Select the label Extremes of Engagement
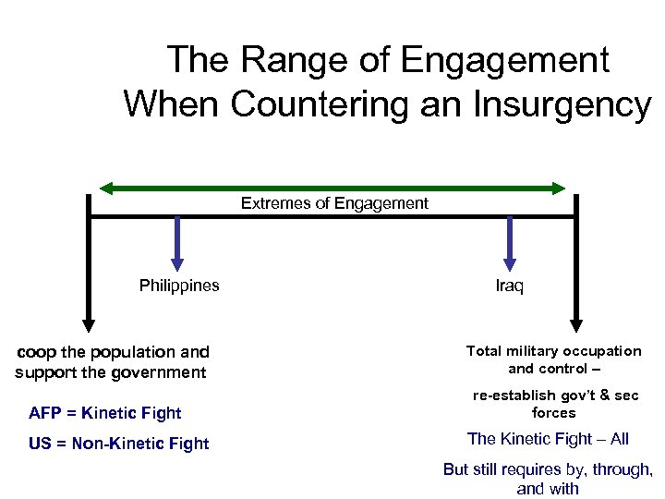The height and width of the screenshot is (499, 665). coord(334,203)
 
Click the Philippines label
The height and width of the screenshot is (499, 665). coord(179,286)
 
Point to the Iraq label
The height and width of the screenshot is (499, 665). coord(509,286)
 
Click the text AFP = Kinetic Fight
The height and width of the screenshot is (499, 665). coord(105,413)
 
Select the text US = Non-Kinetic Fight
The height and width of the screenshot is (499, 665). coord(119,444)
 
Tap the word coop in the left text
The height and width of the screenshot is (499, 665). coord(37,352)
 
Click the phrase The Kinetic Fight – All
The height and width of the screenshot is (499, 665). coord(548,439)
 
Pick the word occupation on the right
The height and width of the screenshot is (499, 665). coord(604,351)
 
